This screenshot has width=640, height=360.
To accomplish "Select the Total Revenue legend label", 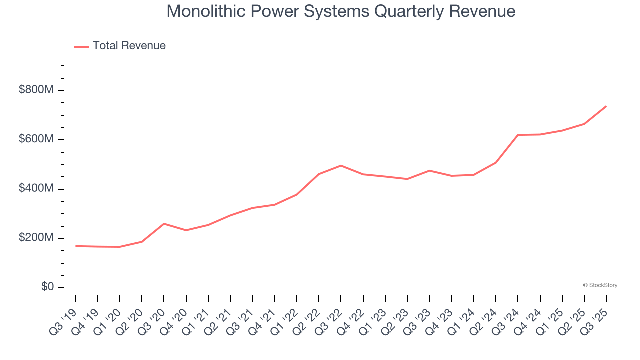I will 129,46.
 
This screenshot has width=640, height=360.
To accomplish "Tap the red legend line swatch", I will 81,46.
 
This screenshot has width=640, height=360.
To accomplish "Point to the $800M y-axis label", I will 36,90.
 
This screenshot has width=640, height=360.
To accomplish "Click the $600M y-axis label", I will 36,139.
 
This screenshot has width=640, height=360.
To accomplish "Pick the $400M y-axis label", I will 36,189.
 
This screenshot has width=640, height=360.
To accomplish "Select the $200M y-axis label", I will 36,238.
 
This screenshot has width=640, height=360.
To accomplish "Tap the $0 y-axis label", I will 47,287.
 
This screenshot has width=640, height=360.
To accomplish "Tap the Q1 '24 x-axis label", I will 463,320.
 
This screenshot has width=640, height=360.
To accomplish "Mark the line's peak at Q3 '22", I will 341,165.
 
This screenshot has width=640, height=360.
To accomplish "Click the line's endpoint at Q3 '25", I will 606,106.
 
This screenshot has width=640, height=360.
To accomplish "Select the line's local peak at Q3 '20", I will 164,224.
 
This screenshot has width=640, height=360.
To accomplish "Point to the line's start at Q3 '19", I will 76,246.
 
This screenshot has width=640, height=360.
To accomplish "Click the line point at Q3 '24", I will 518,135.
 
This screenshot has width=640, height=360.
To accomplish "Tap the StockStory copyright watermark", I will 600,285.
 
